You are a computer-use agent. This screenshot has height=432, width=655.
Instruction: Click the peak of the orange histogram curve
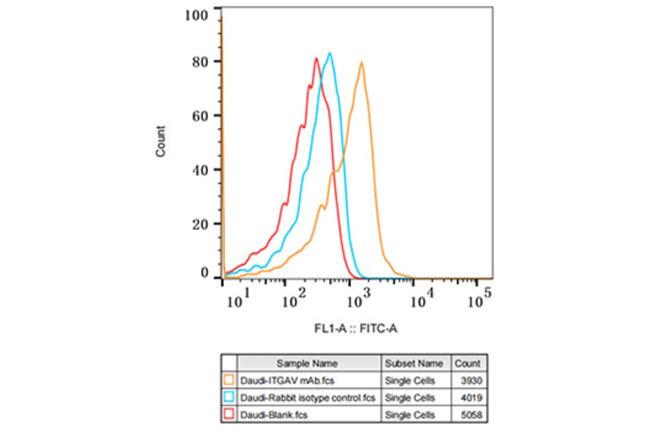361,63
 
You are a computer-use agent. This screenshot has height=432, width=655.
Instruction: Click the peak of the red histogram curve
317,59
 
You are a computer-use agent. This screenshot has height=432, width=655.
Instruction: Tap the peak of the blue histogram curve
330,53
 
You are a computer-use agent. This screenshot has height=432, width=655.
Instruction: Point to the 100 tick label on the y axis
198,15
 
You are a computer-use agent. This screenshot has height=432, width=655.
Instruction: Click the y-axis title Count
161,142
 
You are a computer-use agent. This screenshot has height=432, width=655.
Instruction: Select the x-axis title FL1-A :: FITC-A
356,329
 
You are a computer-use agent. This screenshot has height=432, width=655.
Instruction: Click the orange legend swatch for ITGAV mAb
229,380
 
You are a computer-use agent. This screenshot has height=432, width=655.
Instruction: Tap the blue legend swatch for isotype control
229,397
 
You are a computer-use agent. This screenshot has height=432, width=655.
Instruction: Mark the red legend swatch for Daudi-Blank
229,415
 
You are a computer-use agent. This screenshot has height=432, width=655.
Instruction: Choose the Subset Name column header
413,363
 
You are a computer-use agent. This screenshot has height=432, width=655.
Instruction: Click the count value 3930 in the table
470,380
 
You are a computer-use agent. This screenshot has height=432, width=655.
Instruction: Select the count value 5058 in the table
470,415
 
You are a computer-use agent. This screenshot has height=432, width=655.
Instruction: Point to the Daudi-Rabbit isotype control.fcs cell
309,397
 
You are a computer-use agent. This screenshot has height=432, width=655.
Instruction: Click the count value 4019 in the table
470,397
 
